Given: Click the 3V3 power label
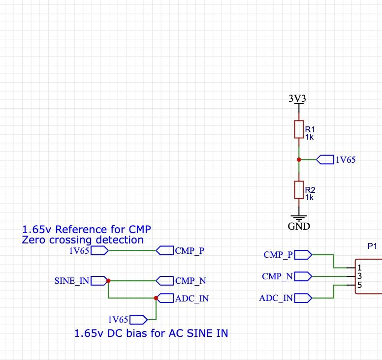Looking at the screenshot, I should (297, 98).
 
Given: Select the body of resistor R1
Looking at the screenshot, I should (298, 129).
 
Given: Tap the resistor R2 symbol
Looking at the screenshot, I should (298, 190).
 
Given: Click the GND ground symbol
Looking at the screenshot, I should (298, 217).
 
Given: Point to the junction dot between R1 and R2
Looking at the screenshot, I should (299, 159).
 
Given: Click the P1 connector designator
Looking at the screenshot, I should (372, 245).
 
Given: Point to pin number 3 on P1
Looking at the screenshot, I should (359, 276).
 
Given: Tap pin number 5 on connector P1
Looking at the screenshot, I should (359, 285).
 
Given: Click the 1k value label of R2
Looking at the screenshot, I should (309, 197).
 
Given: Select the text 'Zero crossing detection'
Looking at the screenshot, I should (83, 240).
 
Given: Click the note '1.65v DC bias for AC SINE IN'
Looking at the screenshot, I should (151, 333).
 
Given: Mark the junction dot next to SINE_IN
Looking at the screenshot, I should (108, 281).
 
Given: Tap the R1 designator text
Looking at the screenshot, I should (310, 129).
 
